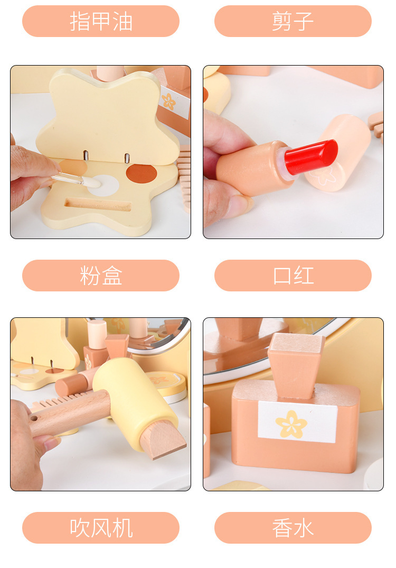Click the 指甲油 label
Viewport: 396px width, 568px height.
(x=101, y=21)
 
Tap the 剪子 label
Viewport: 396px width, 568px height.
(x=293, y=21)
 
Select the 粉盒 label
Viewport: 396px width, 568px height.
(x=101, y=276)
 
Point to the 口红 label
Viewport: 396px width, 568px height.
(x=293, y=276)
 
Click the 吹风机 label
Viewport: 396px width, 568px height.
(x=101, y=528)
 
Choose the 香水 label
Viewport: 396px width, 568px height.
(x=293, y=528)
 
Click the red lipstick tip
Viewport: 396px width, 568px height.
(x=312, y=157)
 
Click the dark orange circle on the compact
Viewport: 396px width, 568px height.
(x=142, y=173)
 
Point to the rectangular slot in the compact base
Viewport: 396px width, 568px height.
(x=98, y=205)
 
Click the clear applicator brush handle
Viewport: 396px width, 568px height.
(x=69, y=179)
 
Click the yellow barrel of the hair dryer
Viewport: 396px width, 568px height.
(x=134, y=402)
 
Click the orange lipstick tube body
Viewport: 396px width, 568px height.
(x=253, y=169)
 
